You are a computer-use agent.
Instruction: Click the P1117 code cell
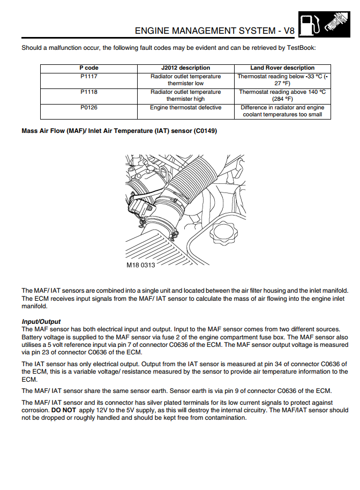[x=88, y=77]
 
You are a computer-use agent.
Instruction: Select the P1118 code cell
[x=88, y=92]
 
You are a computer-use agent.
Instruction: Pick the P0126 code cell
[x=88, y=108]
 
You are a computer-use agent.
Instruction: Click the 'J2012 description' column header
[x=185, y=68]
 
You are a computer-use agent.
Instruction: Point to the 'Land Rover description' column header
[x=282, y=68]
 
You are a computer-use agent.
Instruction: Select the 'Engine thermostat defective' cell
[x=185, y=108]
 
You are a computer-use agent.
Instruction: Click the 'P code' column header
[x=88, y=68]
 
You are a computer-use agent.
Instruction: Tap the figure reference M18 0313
[x=141, y=265]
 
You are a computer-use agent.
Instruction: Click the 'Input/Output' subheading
[x=41, y=322]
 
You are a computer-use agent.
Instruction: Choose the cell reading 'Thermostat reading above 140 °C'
[x=282, y=92]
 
